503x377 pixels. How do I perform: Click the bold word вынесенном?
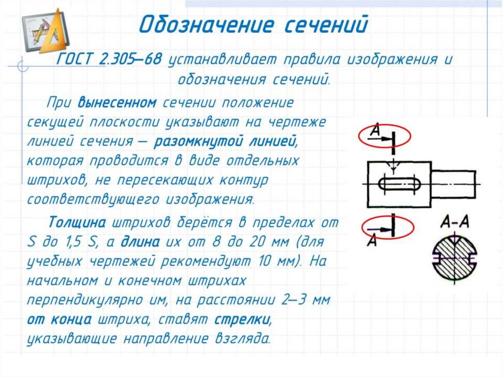tap(117, 103)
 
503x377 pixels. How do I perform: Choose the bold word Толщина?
tap(77, 222)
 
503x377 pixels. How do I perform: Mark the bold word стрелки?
tap(242, 319)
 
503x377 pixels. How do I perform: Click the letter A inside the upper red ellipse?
tap(375, 130)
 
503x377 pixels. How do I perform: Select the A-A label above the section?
tap(454, 222)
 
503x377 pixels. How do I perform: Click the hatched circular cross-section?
tap(455, 257)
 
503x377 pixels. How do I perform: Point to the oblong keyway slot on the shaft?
tap(399, 184)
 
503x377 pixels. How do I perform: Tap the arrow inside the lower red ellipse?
tap(378, 229)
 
